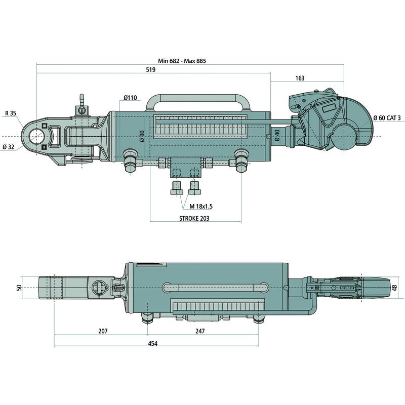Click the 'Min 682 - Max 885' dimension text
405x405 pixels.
[182, 61]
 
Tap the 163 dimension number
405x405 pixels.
[299, 78]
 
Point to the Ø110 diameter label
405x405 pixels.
[130, 98]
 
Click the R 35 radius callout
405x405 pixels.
[11, 113]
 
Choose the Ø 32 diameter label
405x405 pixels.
[8, 147]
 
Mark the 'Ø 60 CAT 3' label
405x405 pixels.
[387, 118]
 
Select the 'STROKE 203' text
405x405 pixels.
[194, 219]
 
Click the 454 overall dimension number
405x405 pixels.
[152, 343]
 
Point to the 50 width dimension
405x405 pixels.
[19, 288]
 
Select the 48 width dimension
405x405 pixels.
[394, 288]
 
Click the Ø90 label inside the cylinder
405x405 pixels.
[142, 136]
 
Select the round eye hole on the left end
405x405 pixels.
[36, 137]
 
